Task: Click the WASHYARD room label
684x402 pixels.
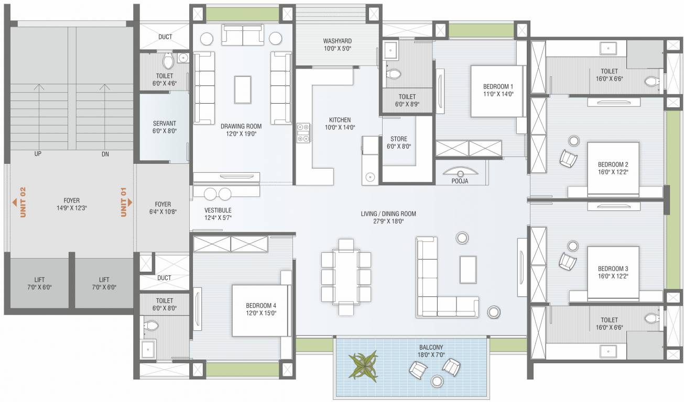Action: click(338, 41)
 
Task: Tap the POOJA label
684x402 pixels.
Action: click(460, 181)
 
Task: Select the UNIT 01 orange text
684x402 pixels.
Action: click(123, 202)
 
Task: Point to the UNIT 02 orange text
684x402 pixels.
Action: click(23, 202)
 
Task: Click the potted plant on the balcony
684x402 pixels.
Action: click(364, 366)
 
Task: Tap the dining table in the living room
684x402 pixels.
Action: click(346, 277)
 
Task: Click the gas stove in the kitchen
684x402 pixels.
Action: click(303, 133)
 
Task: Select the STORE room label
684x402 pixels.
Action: click(399, 139)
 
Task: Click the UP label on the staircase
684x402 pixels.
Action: click(38, 154)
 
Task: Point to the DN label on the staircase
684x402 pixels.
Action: click(105, 154)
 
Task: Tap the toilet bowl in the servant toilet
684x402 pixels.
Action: click(168, 61)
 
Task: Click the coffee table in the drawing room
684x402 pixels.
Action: click(243, 90)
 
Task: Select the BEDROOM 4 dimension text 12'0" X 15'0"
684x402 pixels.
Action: click(261, 313)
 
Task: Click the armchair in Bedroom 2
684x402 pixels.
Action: click(568, 158)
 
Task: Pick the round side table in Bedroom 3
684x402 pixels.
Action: click(573, 246)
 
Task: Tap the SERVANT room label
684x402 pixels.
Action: click(164, 124)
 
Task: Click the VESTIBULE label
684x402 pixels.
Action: click(218, 210)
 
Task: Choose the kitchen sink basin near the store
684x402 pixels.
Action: click(370, 176)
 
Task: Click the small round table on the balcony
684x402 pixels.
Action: click(437, 381)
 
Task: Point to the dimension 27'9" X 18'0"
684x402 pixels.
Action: click(388, 221)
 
